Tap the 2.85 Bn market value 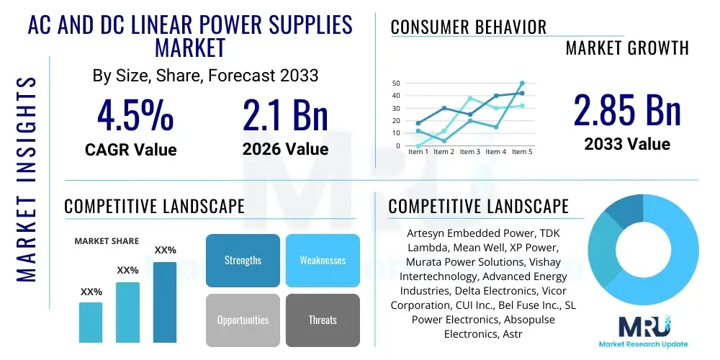pos(626,110)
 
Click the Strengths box pos(243,260)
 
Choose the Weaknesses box pos(323,260)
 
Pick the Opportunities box pos(243,320)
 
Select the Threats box pos(323,320)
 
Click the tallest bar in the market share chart pos(165,302)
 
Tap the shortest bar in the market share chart pos(91,322)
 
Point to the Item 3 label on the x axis pos(469,152)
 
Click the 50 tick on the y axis pos(396,84)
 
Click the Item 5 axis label pos(521,152)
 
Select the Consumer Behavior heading pos(469,27)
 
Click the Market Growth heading pos(626,48)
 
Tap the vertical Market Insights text pos(27,176)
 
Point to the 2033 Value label pos(626,144)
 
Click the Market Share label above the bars pos(107,241)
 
